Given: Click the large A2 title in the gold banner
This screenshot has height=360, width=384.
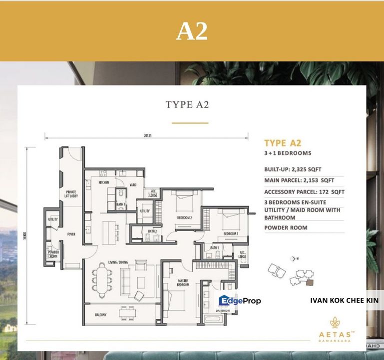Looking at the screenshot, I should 192,31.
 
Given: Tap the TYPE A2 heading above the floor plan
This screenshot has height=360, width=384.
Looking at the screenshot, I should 187,104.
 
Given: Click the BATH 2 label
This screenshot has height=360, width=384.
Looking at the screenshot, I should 152,231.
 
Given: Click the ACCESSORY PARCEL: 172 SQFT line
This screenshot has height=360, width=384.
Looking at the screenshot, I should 304,191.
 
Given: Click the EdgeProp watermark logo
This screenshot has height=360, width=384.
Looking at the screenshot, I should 240,300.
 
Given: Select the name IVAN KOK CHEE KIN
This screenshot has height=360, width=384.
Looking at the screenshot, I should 344,300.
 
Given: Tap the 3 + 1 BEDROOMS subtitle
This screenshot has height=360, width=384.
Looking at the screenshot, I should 288,153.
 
